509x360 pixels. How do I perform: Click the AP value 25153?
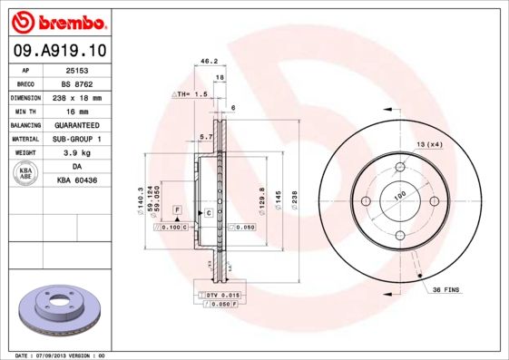point(77,69)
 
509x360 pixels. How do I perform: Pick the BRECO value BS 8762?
point(77,83)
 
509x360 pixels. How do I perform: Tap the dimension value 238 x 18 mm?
point(77,97)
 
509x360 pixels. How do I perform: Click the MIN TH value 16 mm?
point(77,111)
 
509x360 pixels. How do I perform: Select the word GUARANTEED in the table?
point(77,124)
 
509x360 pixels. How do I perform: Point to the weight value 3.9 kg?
point(77,153)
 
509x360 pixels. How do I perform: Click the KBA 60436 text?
point(77,181)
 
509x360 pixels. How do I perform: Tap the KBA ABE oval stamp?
point(26,175)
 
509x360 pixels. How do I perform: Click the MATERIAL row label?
point(25,139)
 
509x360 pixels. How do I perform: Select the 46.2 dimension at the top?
point(209,62)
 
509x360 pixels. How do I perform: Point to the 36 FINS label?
point(445,289)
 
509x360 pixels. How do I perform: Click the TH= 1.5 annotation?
point(192,93)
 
